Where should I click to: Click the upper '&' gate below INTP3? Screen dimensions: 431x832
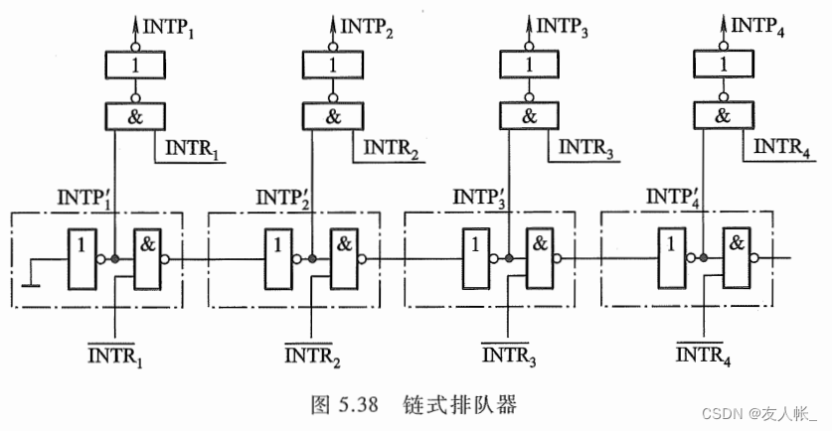(528, 115)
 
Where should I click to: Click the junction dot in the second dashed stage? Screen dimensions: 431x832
(311, 260)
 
